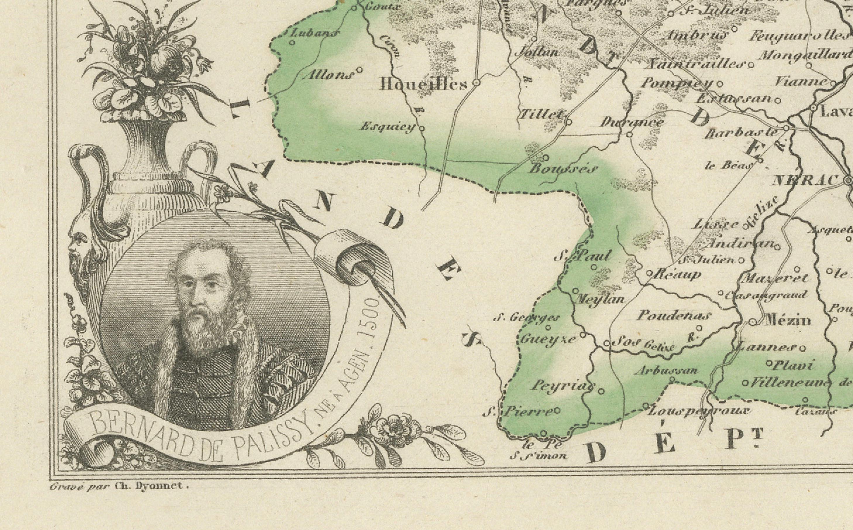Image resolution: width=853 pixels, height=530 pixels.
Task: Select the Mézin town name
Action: click(788, 320)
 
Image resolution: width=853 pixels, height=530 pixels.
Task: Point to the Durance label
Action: click(632, 122)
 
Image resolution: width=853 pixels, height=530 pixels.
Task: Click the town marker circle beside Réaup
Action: click(649, 273)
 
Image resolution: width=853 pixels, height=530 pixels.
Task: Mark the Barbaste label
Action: click(741, 132)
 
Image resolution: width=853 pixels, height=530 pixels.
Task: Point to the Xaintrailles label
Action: click(695, 64)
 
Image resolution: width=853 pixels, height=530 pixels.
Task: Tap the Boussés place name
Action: click(562, 170)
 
